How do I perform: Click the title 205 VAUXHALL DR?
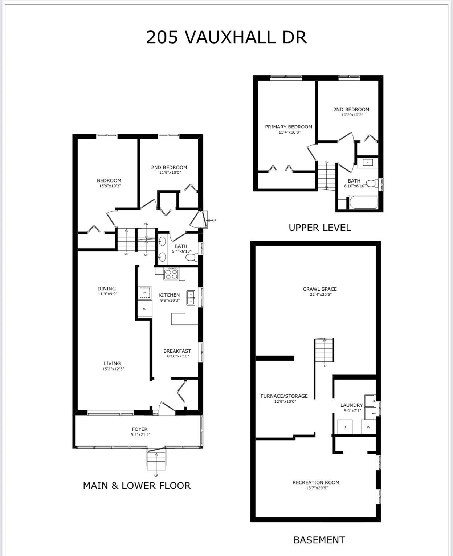pos(226,37)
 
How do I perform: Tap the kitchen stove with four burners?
pos(171,273)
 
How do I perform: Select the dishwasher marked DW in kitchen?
pos(144,293)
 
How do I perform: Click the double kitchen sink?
pos(191,298)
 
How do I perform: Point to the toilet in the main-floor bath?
pos(192,257)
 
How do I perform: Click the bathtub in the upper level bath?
pos(363,202)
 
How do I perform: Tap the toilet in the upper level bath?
pos(372,184)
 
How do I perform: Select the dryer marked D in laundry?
pos(344,427)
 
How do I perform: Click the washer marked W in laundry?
pos(368,427)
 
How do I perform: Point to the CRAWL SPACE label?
pos(319,289)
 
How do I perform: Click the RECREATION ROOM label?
pos(316,482)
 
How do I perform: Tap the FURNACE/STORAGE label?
pos(284,396)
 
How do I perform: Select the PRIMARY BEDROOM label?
pos(289,127)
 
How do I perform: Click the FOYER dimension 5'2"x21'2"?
pos(141,435)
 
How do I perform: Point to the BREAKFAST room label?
pos(177,351)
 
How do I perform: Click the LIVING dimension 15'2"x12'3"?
pos(113,369)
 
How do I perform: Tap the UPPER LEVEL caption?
pos(319,228)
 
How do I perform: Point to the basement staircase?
pos(324,350)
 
